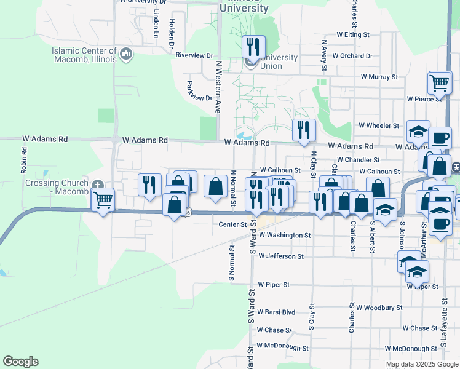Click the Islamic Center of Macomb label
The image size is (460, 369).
84,55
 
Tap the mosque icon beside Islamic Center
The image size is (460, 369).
127,54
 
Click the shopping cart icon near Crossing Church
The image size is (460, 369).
103,199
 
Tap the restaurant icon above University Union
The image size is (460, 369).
253,47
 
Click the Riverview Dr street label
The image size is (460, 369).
194,55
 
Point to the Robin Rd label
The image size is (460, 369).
23,159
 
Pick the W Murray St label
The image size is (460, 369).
379,77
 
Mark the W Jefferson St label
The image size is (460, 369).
281,256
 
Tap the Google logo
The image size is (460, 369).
20,362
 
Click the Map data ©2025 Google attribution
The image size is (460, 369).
421,364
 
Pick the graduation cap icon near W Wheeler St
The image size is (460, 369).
418,131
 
